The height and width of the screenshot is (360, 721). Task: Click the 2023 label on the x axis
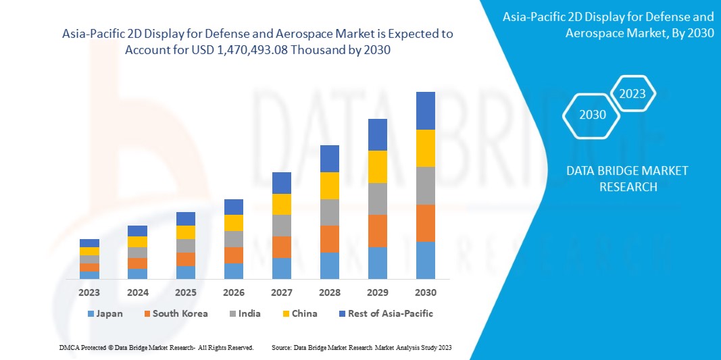click(89, 292)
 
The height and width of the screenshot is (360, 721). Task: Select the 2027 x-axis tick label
click(281, 292)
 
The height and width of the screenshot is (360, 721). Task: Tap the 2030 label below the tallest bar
click(425, 292)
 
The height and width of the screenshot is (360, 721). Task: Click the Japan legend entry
click(105, 313)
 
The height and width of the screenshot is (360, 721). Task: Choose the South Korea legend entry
click(175, 313)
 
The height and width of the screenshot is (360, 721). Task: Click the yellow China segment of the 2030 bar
click(425, 148)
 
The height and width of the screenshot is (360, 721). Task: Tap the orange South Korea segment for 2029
click(377, 231)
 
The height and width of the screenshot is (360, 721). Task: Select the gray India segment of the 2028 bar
click(329, 212)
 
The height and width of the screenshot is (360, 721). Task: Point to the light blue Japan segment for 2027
click(281, 268)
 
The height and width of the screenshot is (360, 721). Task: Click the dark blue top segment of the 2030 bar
click(425, 111)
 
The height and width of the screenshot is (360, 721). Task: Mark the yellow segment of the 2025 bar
click(185, 232)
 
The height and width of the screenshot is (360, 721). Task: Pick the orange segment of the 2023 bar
click(89, 267)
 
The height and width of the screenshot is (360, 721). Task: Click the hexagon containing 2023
click(632, 94)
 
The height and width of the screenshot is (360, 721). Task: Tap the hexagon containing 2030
click(593, 115)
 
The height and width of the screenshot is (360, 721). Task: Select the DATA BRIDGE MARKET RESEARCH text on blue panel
click(628, 178)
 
